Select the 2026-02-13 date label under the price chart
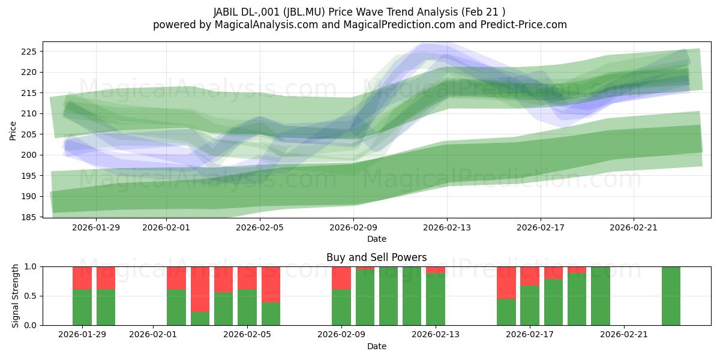[x=447, y=227]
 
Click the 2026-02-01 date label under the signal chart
[x=154, y=335]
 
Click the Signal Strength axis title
[x=16, y=296]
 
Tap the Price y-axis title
[x=13, y=130]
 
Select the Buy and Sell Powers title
[x=376, y=257]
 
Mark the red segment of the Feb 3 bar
[x=200, y=289]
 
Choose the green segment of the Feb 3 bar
[x=200, y=319]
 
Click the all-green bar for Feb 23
[x=671, y=296]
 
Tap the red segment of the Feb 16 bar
[x=506, y=282]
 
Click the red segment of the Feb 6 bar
[x=271, y=284]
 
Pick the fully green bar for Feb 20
[x=600, y=296]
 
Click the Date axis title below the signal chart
[x=376, y=346]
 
